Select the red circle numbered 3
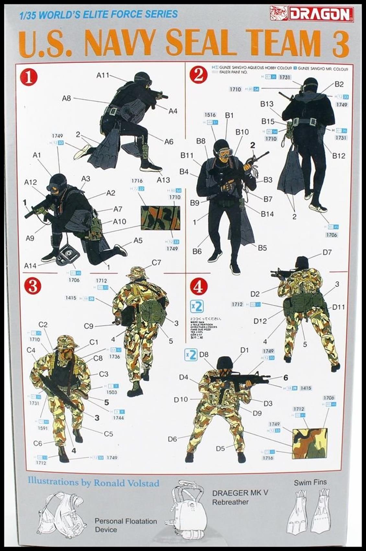33,286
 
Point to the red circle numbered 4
199,286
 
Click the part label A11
103,75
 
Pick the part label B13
267,104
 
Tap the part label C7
156,262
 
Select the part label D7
327,252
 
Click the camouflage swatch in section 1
160,218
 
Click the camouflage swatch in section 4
309,443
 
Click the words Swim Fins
310,482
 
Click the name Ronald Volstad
126,483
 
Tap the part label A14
30,266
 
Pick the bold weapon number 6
285,377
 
